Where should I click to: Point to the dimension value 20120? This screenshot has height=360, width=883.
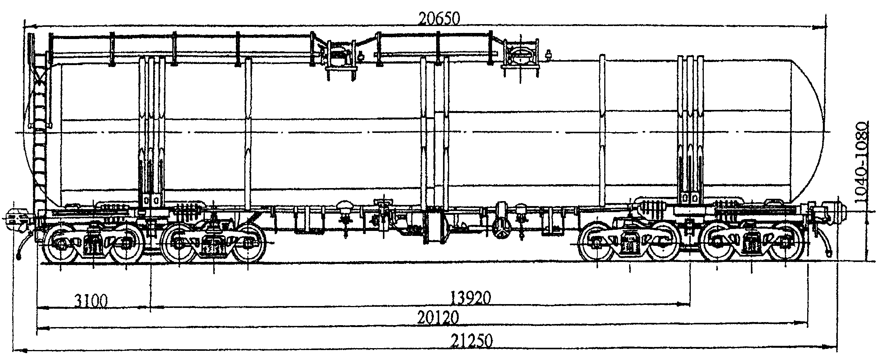(x=438, y=318)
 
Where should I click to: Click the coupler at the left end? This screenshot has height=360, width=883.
(x=15, y=219)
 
